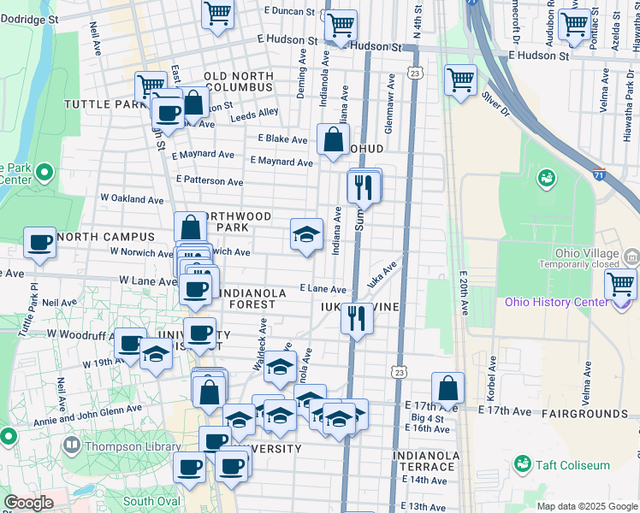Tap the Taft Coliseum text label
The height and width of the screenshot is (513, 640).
(572, 465)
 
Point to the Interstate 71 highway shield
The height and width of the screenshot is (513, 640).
(600, 174)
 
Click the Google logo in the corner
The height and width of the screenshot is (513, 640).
(28, 503)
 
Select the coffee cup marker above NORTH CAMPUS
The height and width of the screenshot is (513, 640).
(39, 244)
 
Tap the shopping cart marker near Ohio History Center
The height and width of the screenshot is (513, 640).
(620, 283)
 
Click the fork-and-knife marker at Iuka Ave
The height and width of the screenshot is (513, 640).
(357, 318)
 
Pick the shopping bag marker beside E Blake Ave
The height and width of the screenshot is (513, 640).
(332, 139)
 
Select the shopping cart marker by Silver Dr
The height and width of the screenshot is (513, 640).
(460, 80)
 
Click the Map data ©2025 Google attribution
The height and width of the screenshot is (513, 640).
(586, 506)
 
